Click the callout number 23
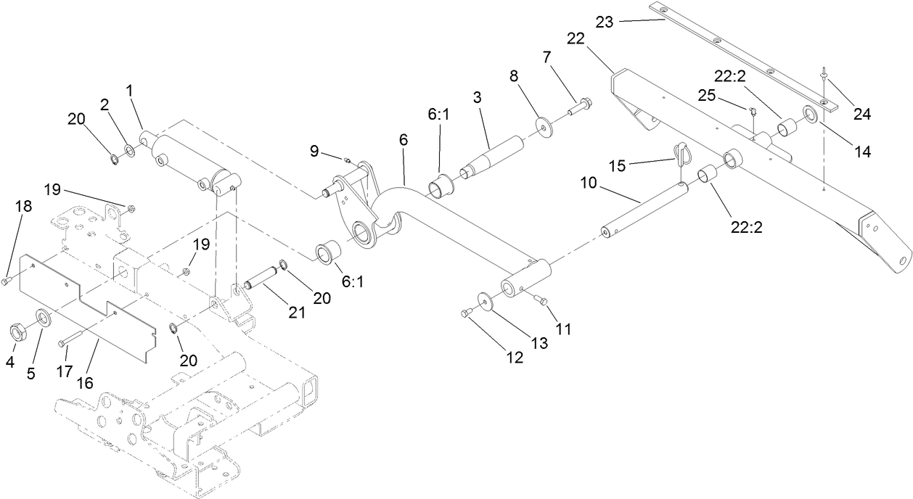pyautogui.click(x=604, y=22)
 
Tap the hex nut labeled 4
pyautogui.click(x=18, y=332)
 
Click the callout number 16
pyautogui.click(x=85, y=382)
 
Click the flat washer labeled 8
pyautogui.click(x=543, y=125)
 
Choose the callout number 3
pyautogui.click(x=476, y=96)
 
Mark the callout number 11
pyautogui.click(x=563, y=329)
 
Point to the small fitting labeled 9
pyautogui.click(x=347, y=160)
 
